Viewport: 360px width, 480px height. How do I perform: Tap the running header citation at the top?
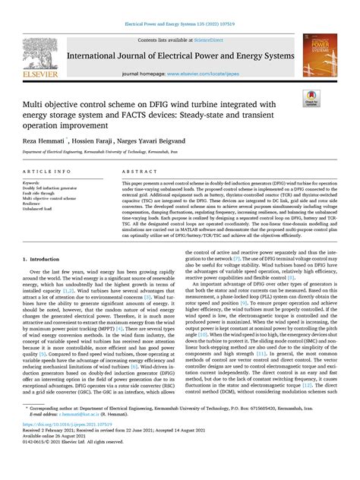tap(180, 24)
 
